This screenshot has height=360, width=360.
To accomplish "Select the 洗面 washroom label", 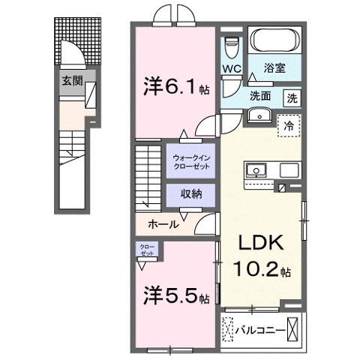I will (260, 96).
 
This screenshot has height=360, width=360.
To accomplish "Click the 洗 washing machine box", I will (292, 97).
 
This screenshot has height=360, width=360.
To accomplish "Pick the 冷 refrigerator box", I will (289, 126).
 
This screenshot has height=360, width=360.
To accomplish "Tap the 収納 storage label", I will (190, 193).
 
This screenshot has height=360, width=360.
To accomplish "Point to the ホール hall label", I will (163, 223).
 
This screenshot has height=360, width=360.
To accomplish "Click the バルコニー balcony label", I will (259, 329).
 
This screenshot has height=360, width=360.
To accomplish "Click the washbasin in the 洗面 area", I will (260, 115).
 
